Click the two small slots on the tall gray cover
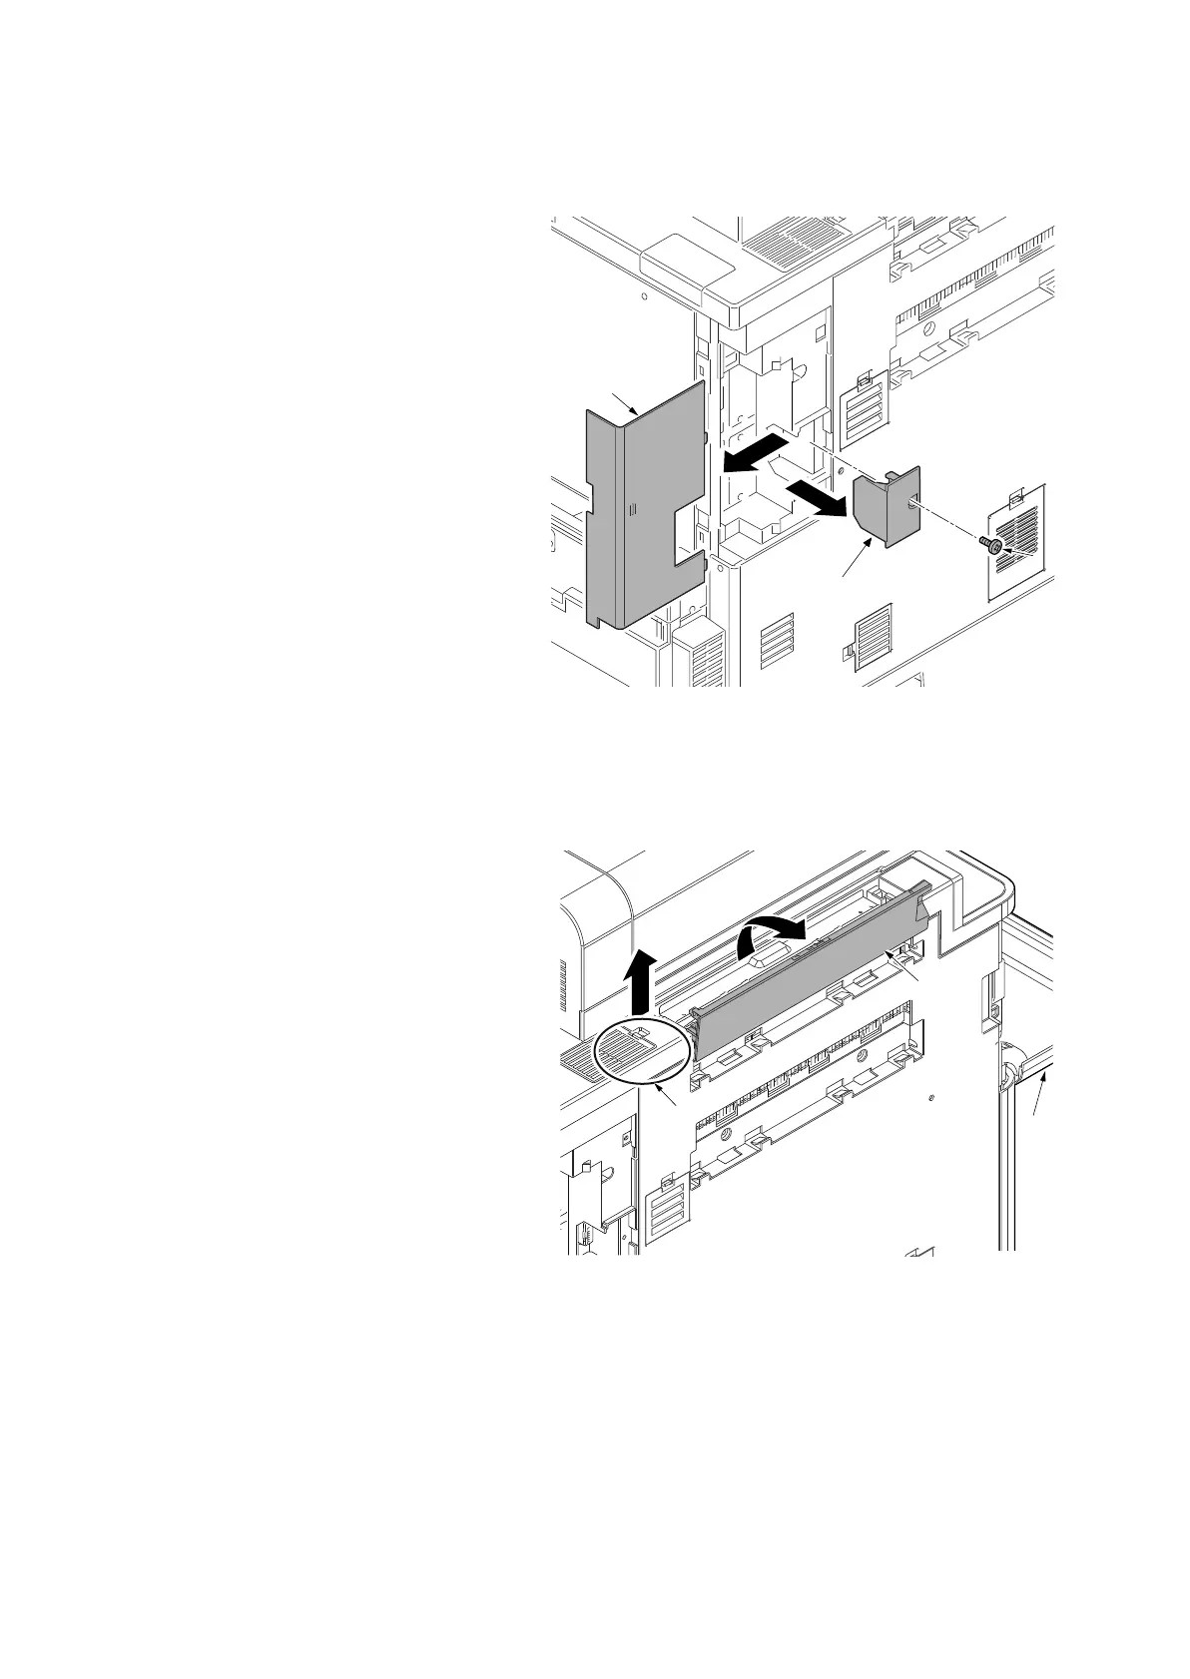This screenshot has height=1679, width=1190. pos(630,509)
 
